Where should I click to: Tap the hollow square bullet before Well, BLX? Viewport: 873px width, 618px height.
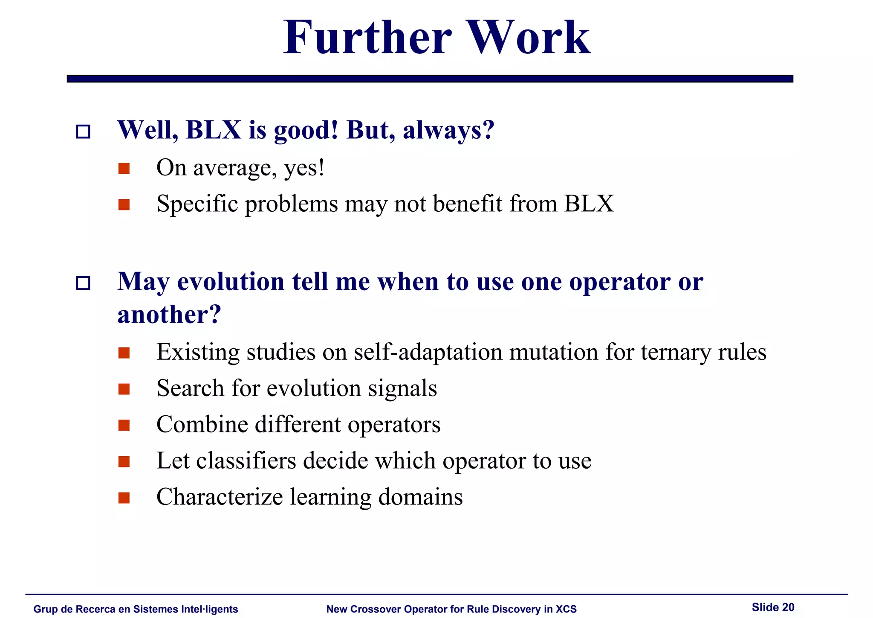point(83,131)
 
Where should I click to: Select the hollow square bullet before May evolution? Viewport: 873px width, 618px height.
point(83,283)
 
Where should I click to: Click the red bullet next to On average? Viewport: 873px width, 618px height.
point(124,169)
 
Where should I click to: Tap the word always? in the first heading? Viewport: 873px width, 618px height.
point(448,130)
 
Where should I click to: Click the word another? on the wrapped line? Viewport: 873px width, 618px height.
point(169,315)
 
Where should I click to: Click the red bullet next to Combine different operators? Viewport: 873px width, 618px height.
point(124,426)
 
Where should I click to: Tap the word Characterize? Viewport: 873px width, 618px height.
point(220,497)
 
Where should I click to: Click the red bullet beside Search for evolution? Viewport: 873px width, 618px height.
point(124,389)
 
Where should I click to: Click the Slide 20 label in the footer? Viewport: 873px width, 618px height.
point(773,607)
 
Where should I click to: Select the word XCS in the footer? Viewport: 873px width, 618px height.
point(566,609)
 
